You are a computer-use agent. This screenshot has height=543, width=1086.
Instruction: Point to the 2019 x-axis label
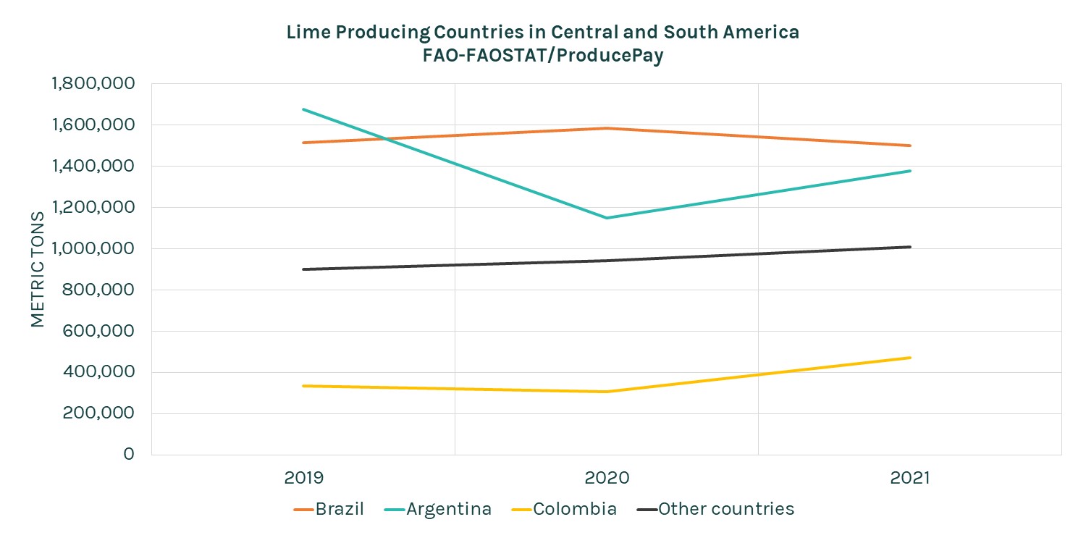click(x=303, y=479)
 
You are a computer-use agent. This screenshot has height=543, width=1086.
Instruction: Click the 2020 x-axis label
click(x=607, y=479)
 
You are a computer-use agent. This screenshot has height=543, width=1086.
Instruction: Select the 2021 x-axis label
click(x=910, y=479)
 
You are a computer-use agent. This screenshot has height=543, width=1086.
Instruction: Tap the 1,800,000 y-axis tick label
click(x=93, y=83)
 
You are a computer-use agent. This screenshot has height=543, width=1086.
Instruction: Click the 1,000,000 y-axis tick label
click(x=93, y=248)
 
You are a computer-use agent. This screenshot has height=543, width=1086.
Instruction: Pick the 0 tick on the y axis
click(x=129, y=455)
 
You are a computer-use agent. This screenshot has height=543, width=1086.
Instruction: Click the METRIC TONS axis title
click(x=38, y=269)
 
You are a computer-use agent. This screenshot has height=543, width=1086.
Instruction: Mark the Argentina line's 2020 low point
click(x=607, y=218)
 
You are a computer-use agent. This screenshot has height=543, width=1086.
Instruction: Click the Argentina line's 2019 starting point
click(x=303, y=109)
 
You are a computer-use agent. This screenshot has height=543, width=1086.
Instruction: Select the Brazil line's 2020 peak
click(x=607, y=128)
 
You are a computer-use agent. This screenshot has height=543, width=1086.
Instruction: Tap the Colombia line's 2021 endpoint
click(x=910, y=358)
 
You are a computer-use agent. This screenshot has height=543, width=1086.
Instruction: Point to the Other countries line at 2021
click(x=910, y=247)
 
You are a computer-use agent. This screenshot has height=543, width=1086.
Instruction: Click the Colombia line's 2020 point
click(x=607, y=392)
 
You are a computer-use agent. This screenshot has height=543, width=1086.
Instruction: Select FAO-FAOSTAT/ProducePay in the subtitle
click(x=543, y=56)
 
